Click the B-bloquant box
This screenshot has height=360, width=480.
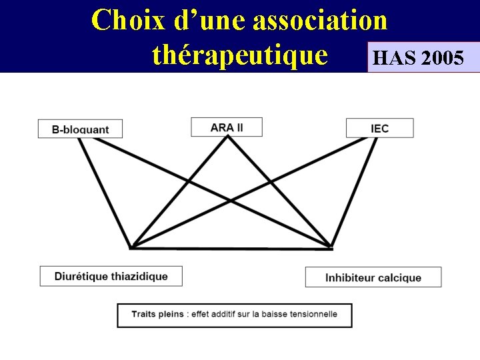click(80, 129)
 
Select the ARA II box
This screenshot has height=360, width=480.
click(227, 127)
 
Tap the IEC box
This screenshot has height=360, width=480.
click(380, 128)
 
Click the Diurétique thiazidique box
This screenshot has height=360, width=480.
click(111, 276)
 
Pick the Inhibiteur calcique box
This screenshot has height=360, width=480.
click(373, 277)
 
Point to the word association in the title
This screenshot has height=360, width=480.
click(319, 20)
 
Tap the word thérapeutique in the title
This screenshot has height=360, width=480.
click(240, 55)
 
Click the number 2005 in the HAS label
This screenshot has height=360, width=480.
click(443, 58)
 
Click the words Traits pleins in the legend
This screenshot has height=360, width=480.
click(157, 314)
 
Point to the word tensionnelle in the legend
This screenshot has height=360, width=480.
click(314, 314)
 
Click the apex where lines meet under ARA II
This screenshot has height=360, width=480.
click(228, 137)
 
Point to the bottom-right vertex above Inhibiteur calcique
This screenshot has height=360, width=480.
click(331, 248)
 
